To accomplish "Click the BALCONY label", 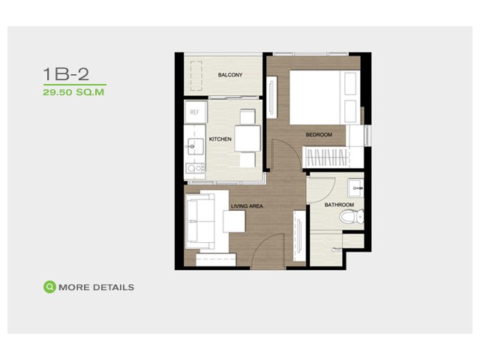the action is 230,75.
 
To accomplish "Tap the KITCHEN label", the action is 220,139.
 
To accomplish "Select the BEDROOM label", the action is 319,135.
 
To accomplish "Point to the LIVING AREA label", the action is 247,206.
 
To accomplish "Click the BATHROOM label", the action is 339,205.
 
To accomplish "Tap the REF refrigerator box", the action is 195,112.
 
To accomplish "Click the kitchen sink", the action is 195,147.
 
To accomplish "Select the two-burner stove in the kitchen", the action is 195,168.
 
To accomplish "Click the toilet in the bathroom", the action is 352,217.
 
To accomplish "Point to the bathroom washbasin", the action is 355,188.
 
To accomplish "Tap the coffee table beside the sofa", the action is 234,221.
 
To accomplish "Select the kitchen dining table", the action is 247,138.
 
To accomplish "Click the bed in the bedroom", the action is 325,97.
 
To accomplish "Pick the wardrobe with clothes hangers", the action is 326,157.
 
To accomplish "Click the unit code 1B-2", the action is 66,74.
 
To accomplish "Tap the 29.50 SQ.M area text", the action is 73,92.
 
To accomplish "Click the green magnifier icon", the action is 49,287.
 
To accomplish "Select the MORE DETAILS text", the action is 96,287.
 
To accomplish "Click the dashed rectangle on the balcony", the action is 196,76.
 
